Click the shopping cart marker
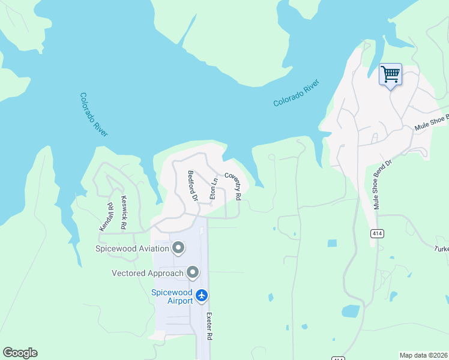390,75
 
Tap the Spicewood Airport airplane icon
202,295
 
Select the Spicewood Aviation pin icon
178,248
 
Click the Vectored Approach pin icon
193,273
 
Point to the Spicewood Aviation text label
132,248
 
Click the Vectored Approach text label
147,274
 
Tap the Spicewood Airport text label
171,296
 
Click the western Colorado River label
94,115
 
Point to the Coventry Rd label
233,186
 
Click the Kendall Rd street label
106,217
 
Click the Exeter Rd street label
209,326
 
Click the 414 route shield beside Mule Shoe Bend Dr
376,234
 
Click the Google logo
20,353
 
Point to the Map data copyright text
423,355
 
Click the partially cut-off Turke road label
442,248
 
